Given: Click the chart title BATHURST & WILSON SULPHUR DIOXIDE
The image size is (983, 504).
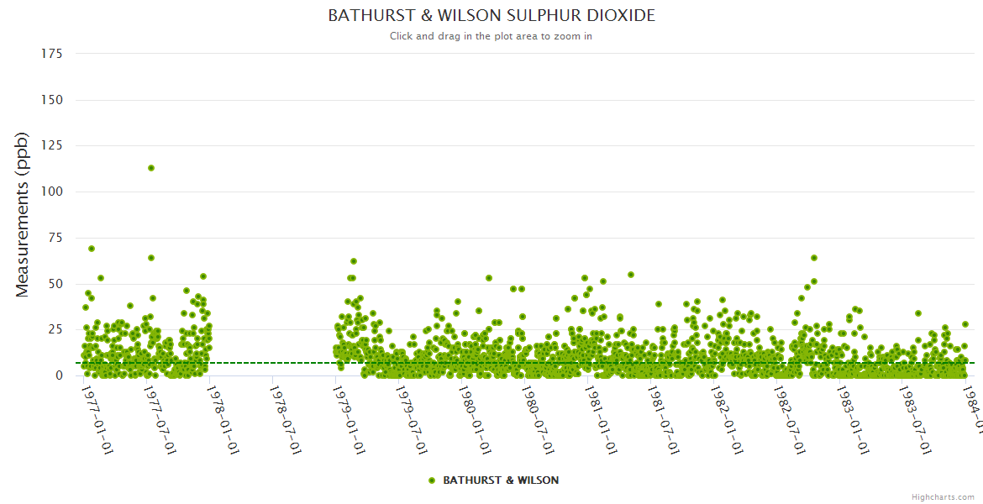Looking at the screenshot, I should pos(491,16).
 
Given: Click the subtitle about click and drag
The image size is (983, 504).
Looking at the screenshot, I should pos(491,36).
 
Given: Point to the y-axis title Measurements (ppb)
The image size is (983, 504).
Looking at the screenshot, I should pos(23,214).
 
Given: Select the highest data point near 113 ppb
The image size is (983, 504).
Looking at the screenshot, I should pos(151,168).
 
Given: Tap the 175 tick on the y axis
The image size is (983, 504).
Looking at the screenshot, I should pos(52,54).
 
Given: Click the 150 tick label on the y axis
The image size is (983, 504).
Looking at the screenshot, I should pos(52,100).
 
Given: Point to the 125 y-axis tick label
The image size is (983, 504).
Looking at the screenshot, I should pos(52,146).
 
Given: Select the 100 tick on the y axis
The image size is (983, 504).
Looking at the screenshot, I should pos(52,192).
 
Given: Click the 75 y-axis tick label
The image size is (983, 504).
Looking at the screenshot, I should pos(55,239).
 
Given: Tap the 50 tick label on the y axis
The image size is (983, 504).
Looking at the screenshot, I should pos(55,284).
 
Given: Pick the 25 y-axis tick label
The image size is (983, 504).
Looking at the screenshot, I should pos(55,330).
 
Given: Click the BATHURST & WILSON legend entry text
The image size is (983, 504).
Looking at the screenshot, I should pos(501,480).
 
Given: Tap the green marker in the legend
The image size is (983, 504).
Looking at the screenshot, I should pos(432,480).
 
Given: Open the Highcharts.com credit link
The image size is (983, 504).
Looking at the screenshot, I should pos(944,496).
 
